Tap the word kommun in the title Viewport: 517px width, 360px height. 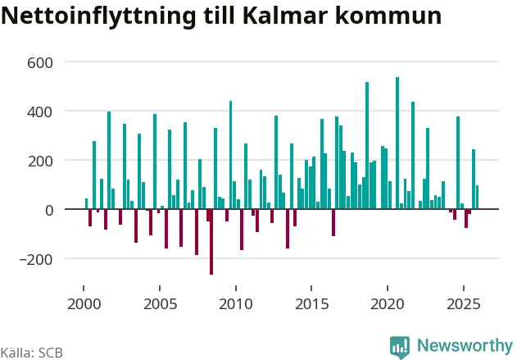(392, 16)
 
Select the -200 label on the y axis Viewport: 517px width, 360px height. (37, 259)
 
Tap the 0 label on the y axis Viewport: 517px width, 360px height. (48, 210)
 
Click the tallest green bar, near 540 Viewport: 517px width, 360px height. (397, 144)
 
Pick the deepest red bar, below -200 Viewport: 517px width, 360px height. (211, 242)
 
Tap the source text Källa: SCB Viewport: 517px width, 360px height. (31, 353)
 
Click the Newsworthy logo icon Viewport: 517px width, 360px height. (400, 346)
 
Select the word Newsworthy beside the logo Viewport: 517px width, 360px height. (465, 346)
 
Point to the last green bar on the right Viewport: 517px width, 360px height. (477, 198)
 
